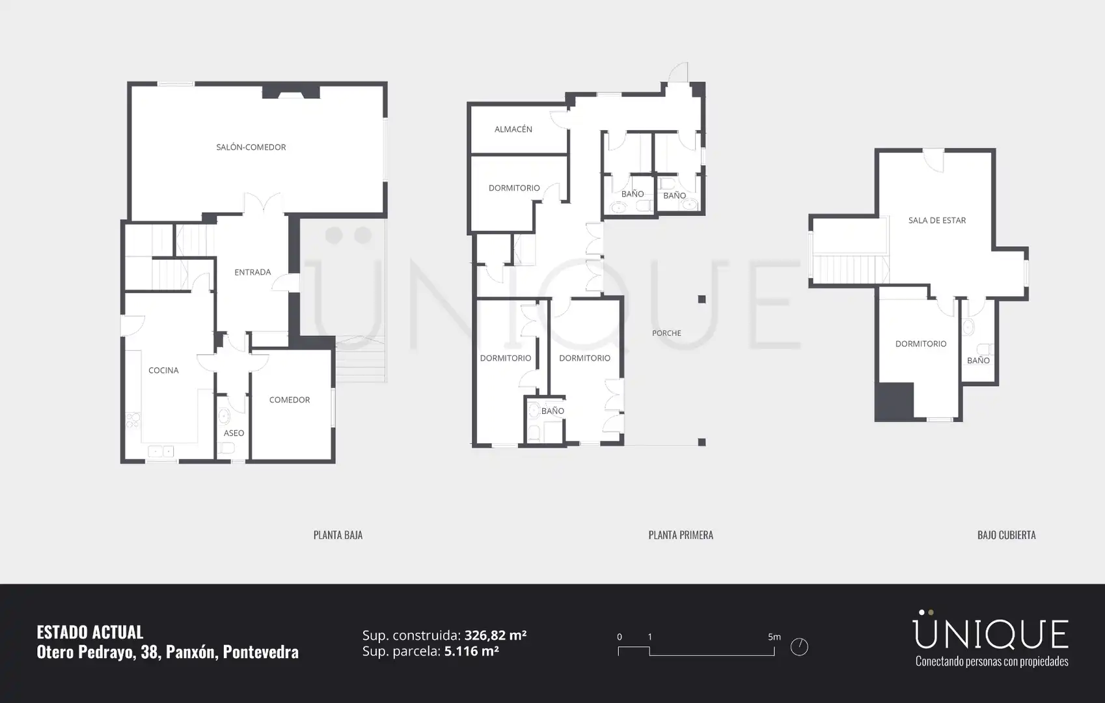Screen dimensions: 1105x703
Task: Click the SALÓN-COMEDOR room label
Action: click(x=251, y=147)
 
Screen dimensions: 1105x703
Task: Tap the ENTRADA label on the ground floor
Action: click(x=252, y=272)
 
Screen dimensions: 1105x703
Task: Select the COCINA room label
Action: click(x=163, y=370)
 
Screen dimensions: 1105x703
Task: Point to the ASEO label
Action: click(x=234, y=433)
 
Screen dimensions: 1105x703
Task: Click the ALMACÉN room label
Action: click(x=513, y=129)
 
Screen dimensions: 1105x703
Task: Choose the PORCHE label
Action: click(x=666, y=333)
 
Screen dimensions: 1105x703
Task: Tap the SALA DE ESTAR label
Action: click(x=937, y=220)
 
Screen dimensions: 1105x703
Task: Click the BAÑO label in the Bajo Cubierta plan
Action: click(x=978, y=360)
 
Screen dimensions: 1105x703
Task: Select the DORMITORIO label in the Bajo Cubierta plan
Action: click(x=921, y=343)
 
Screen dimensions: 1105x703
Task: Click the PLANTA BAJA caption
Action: click(x=338, y=535)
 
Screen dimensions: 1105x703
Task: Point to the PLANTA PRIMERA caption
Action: click(x=681, y=535)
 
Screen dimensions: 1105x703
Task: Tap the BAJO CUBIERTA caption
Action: click(x=1006, y=535)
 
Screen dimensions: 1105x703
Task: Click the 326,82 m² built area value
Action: click(x=495, y=635)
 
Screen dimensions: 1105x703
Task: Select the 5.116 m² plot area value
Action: click(x=472, y=651)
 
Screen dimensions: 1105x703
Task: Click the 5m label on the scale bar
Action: click(x=774, y=637)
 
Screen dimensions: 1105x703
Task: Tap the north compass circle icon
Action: click(x=799, y=647)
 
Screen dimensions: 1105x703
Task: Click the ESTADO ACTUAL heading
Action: click(x=90, y=632)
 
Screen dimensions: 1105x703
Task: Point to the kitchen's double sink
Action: click(x=161, y=451)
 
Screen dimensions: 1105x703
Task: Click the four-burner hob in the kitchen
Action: click(x=133, y=420)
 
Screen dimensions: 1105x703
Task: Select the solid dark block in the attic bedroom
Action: click(x=894, y=402)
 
